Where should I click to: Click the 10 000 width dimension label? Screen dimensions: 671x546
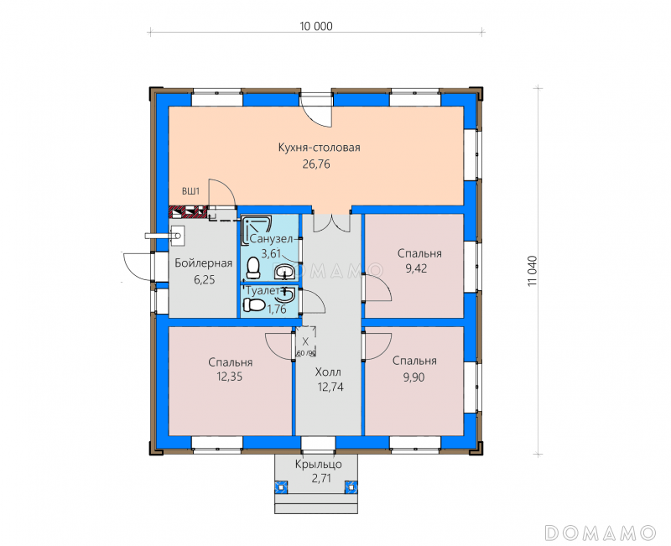[x=316, y=27]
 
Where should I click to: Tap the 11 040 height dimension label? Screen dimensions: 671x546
[x=532, y=271]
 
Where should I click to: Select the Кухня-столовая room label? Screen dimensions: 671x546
[x=320, y=148]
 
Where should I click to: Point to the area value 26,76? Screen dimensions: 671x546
[x=316, y=164]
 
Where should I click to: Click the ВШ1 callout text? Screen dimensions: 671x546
[x=191, y=191]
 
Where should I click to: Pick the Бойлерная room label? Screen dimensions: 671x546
[x=204, y=263]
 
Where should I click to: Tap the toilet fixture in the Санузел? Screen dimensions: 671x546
[x=253, y=268]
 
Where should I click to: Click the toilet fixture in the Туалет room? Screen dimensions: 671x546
[x=254, y=305]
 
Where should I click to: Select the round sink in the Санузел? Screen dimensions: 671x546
[x=283, y=271]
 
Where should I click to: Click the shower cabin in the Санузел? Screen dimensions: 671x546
[x=257, y=230]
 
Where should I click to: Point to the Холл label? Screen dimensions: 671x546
[x=328, y=372]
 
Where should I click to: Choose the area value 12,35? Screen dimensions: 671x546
[x=230, y=377]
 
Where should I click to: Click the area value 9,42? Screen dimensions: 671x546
[x=416, y=268]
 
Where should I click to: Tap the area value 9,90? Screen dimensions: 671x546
[x=414, y=377]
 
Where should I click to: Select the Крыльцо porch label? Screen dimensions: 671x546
[x=319, y=465]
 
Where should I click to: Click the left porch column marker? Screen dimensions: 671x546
[x=281, y=486]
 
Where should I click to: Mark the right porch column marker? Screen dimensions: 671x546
[x=351, y=486]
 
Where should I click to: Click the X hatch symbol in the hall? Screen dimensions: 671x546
[x=305, y=341]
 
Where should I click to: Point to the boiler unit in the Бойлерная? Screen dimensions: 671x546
[x=176, y=236]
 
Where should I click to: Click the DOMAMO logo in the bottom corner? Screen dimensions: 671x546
[x=601, y=533]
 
